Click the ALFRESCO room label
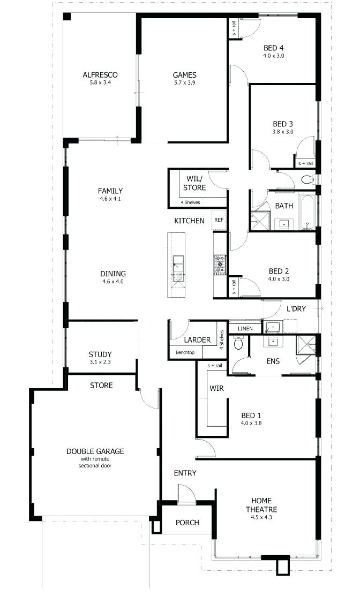click(x=100, y=74)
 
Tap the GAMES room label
click(x=185, y=75)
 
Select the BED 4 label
click(x=274, y=48)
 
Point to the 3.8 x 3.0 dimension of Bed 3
click(x=283, y=132)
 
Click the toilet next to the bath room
click(x=307, y=179)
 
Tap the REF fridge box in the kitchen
click(x=219, y=220)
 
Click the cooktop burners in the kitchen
click(x=220, y=265)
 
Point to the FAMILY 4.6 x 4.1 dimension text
click(x=110, y=199)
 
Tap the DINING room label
click(x=113, y=274)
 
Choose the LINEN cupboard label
click(x=245, y=329)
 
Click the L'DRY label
click(x=296, y=309)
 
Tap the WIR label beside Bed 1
click(x=216, y=388)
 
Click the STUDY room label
click(x=100, y=354)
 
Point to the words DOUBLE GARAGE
click(x=95, y=451)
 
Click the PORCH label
click(x=187, y=523)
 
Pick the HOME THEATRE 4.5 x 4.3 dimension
click(x=261, y=517)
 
